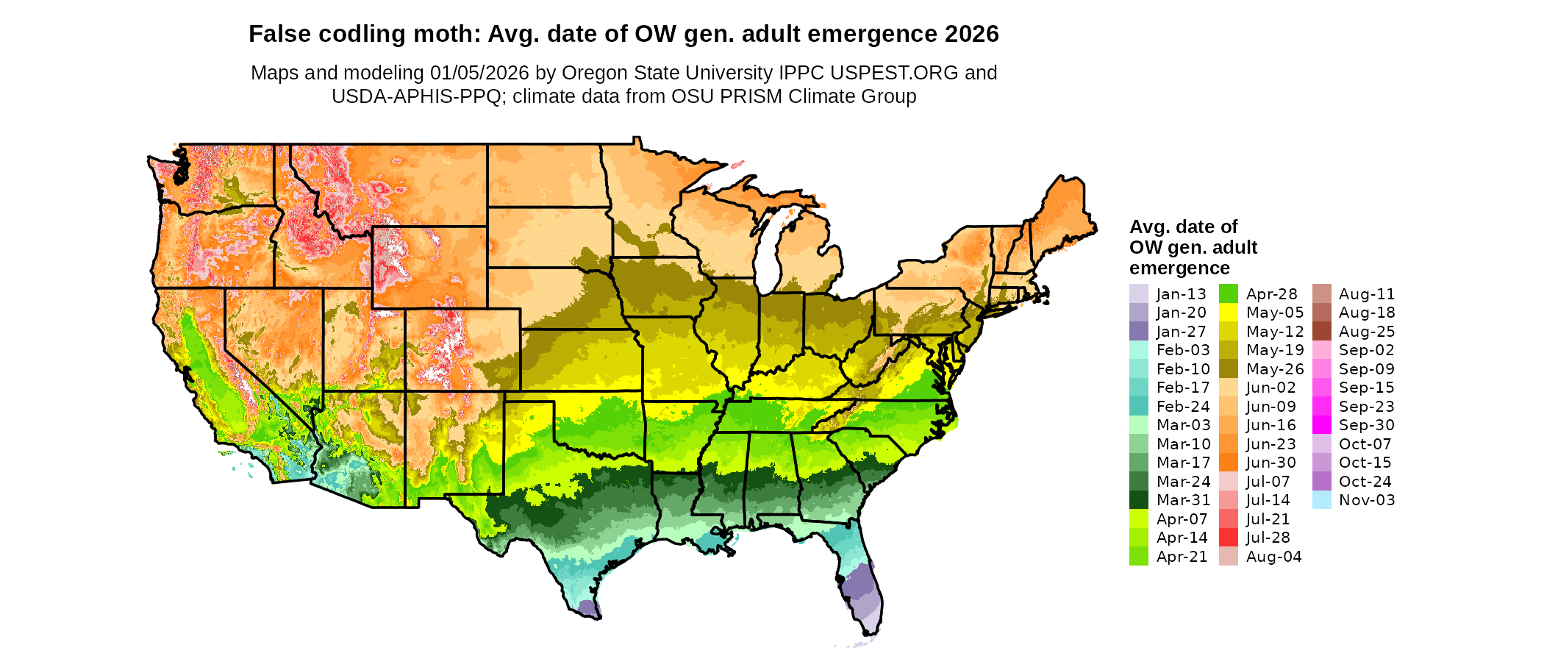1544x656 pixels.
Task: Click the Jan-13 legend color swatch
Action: [1138, 294]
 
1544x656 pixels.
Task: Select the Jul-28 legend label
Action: [1268, 538]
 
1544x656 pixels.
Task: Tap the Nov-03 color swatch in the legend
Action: [1321, 500]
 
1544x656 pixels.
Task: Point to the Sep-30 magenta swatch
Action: [1321, 425]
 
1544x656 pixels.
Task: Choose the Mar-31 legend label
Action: [1183, 500]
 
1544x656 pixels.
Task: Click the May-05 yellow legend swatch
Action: [1228, 313]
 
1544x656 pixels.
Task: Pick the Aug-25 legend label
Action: [1366, 332]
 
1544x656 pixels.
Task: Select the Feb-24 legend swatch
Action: [1138, 407]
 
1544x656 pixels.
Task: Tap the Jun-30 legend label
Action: [1270, 463]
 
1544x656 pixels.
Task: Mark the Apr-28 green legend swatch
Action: [1228, 294]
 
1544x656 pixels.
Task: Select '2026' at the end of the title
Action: [971, 35]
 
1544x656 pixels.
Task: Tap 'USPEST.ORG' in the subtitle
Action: [894, 73]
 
